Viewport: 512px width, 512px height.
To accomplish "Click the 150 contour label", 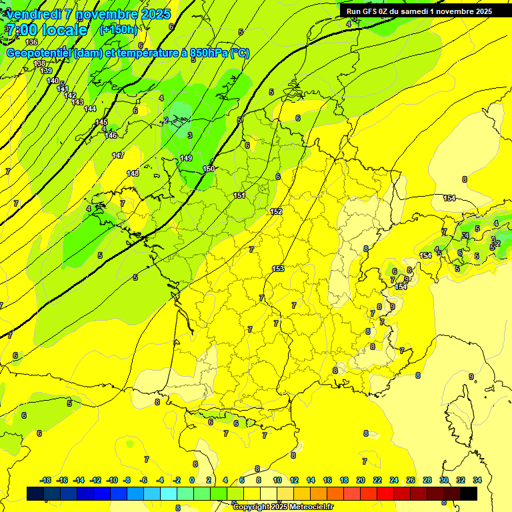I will [209, 169].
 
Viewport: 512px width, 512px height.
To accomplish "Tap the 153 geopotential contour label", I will [279, 269].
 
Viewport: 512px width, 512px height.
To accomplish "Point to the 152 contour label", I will [276, 211].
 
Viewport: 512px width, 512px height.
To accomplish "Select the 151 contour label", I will [239, 195].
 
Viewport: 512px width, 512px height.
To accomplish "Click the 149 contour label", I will [186, 158].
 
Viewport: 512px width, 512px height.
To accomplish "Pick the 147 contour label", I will [118, 155].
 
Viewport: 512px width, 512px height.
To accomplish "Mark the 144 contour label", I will [90, 109].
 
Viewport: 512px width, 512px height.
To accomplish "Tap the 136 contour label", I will [31, 61].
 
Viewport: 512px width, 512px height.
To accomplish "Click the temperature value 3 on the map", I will [189, 135].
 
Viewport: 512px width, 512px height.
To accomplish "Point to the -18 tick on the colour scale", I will [46, 480].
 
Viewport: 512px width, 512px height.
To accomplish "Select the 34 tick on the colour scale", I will [477, 480].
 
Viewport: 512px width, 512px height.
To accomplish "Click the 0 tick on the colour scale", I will [192, 480].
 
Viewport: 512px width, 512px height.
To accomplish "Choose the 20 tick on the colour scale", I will [361, 480].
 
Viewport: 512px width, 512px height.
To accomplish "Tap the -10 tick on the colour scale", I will [112, 480].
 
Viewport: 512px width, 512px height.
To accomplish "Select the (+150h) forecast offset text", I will [118, 29].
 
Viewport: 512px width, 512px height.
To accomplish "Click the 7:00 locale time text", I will [47, 30].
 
